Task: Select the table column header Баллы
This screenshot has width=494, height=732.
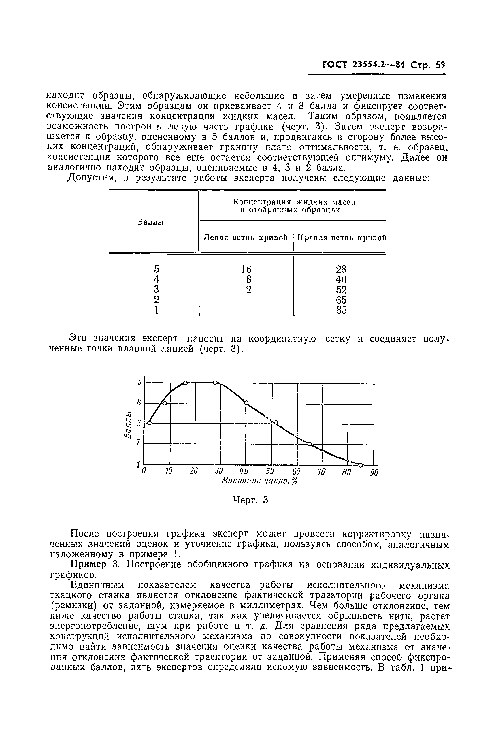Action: click(x=151, y=222)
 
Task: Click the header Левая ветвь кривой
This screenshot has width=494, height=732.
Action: click(x=246, y=238)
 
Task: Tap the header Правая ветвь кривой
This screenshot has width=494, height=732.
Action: click(x=342, y=238)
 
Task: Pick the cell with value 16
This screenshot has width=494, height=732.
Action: click(x=246, y=269)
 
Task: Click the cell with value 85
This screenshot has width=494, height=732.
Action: click(x=341, y=310)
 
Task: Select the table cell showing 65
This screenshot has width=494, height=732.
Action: click(x=341, y=300)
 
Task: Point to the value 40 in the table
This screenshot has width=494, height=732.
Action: click(x=341, y=279)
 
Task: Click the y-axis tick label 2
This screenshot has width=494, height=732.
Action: click(x=138, y=443)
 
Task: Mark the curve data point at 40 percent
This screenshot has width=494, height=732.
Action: click(x=246, y=402)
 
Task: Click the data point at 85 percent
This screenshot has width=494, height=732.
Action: click(x=361, y=465)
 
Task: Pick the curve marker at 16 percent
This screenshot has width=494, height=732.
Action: click(x=185, y=383)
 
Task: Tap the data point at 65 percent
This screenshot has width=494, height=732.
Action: click(x=310, y=444)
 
